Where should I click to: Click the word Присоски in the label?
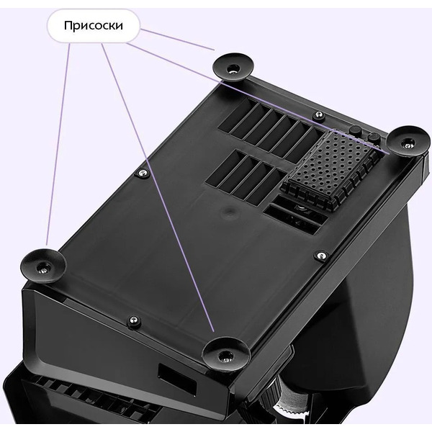(94, 26)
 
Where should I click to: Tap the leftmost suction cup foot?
(43, 266)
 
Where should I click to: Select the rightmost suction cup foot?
(408, 141)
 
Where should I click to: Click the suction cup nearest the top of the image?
(233, 67)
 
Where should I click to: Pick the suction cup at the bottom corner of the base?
(226, 354)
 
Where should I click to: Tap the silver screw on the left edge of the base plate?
(143, 173)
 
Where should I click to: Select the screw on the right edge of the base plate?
(321, 256)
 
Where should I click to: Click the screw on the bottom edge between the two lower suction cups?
(134, 321)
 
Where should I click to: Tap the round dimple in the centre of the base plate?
(229, 212)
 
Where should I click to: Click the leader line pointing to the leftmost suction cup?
(58, 144)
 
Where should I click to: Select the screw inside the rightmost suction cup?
(408, 144)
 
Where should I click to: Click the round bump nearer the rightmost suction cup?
(374, 136)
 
